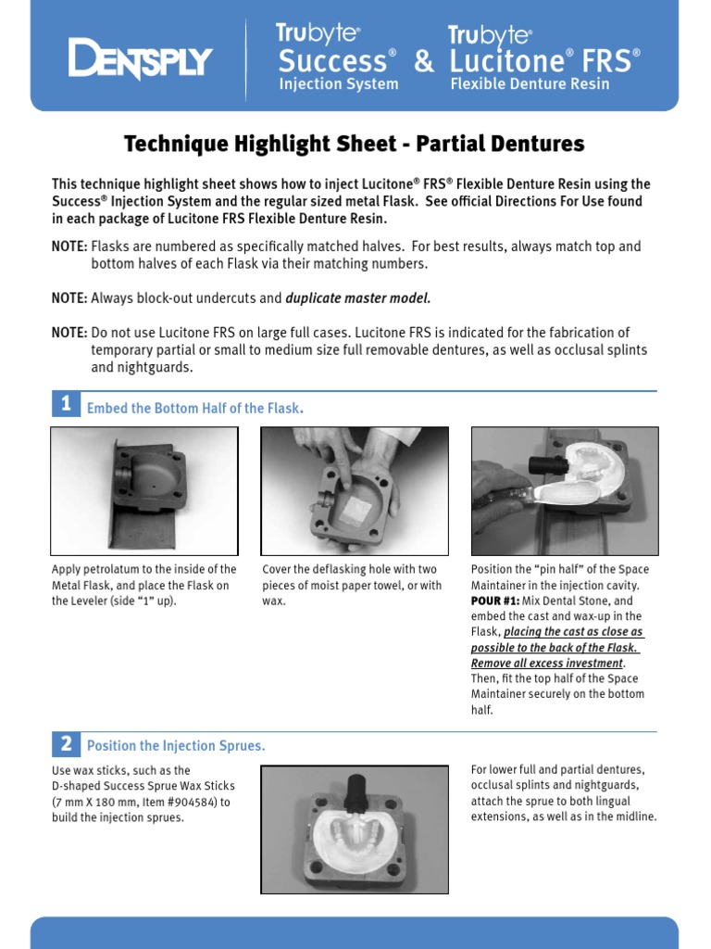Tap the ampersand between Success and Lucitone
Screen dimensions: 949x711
(x=424, y=62)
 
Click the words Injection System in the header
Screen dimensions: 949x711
(x=339, y=84)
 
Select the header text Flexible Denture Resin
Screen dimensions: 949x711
(x=530, y=84)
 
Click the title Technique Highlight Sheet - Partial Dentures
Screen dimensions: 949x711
(x=355, y=144)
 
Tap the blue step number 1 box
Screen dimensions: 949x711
(x=66, y=404)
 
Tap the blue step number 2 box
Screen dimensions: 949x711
(x=66, y=743)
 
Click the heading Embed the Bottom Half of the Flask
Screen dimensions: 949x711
(x=194, y=409)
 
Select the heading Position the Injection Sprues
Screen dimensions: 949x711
(x=176, y=746)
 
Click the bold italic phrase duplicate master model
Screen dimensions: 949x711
(x=358, y=298)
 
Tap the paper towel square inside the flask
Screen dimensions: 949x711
(x=356, y=507)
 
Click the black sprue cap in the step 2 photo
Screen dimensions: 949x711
(x=356, y=791)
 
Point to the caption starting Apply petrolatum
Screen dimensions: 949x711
(x=143, y=585)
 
